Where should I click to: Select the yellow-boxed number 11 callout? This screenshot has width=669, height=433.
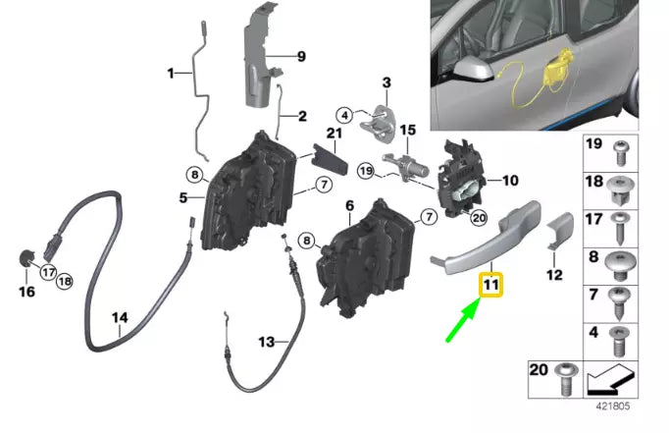[490, 285]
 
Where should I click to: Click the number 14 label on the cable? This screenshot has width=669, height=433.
[120, 318]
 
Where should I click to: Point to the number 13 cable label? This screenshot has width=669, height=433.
[268, 342]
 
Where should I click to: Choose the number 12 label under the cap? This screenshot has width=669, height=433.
[554, 275]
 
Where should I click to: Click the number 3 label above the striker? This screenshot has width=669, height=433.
[386, 81]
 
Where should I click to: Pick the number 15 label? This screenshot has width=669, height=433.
[407, 129]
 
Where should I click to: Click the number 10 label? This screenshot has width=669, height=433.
[509, 181]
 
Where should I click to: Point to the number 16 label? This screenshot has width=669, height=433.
[26, 292]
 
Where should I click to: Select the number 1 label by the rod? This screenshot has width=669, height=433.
[171, 73]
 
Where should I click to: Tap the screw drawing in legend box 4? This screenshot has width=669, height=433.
[620, 340]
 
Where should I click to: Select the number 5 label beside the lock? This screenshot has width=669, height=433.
[183, 197]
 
